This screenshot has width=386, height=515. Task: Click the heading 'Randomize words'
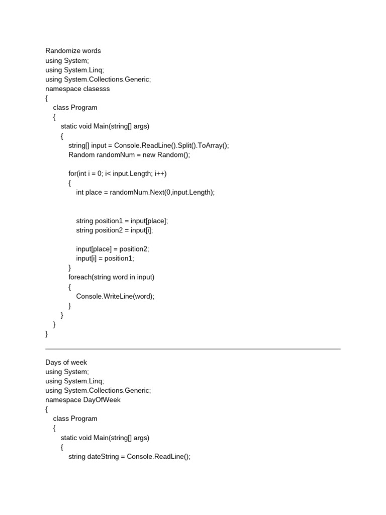(x=73, y=51)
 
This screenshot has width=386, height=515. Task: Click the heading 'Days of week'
(x=66, y=362)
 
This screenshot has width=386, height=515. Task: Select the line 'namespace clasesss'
(x=77, y=89)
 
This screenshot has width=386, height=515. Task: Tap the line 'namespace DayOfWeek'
(x=83, y=400)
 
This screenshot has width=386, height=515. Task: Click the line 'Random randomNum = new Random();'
(x=129, y=155)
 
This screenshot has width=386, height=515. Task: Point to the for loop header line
(x=117, y=174)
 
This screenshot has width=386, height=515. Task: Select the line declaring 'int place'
(x=145, y=193)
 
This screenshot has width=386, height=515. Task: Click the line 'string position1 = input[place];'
(x=122, y=221)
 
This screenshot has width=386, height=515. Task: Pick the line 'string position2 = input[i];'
(x=114, y=230)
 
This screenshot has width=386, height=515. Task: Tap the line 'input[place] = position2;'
(x=113, y=249)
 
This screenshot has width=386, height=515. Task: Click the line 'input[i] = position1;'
(x=105, y=259)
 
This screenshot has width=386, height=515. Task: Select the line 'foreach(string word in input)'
(x=111, y=277)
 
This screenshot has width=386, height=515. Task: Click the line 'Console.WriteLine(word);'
(x=115, y=296)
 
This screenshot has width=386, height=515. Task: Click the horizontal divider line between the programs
(x=193, y=349)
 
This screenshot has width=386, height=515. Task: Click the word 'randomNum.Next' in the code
(x=146, y=193)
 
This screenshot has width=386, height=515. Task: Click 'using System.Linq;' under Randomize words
(x=75, y=70)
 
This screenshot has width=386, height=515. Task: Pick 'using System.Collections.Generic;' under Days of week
(x=98, y=390)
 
